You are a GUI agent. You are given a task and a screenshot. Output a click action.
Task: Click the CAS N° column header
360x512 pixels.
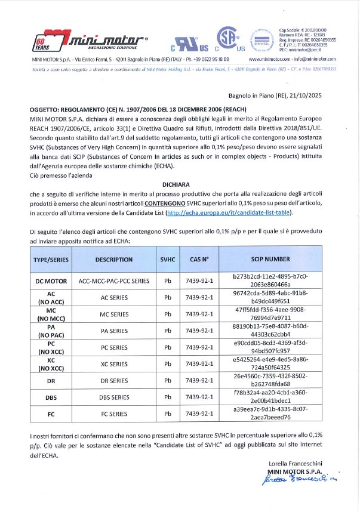199,260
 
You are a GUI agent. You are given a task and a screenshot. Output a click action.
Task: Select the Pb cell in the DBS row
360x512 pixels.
167,397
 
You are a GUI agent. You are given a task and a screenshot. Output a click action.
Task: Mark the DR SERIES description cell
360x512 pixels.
114,380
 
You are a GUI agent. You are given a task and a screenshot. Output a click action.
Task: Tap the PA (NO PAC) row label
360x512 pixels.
51,331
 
